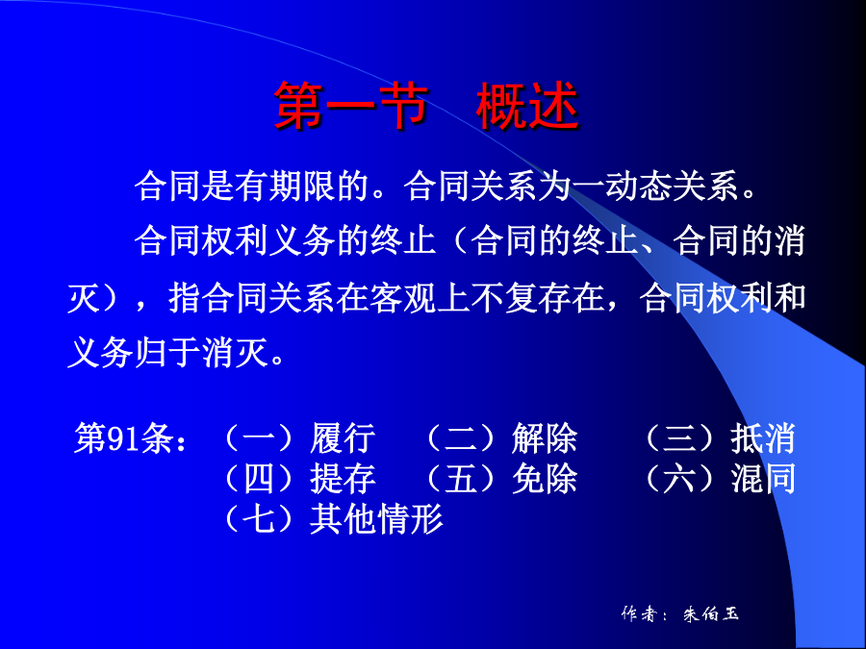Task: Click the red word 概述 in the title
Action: tap(527, 106)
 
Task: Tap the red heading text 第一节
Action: tap(351, 106)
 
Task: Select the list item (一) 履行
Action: tap(299, 438)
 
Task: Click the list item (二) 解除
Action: tap(499, 438)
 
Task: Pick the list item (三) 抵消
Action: tap(719, 438)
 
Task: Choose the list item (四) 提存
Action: tap(299, 478)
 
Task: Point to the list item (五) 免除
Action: tap(499, 478)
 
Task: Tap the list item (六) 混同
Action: tap(719, 478)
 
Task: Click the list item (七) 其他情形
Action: tap(332, 519)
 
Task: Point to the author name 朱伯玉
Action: tap(711, 613)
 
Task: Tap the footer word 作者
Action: tap(638, 613)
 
